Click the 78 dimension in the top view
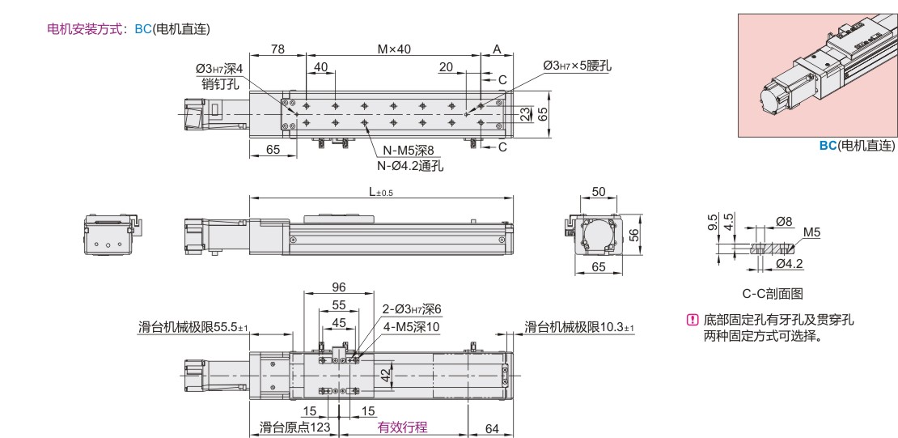(x=277, y=49)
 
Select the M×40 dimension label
(x=394, y=49)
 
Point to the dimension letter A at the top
(x=497, y=49)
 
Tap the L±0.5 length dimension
(x=381, y=192)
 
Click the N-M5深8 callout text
(x=409, y=151)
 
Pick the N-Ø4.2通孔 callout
(x=410, y=166)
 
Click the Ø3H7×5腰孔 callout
(x=578, y=66)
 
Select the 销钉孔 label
(x=220, y=84)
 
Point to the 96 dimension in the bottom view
(x=339, y=287)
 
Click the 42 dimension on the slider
(x=386, y=375)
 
